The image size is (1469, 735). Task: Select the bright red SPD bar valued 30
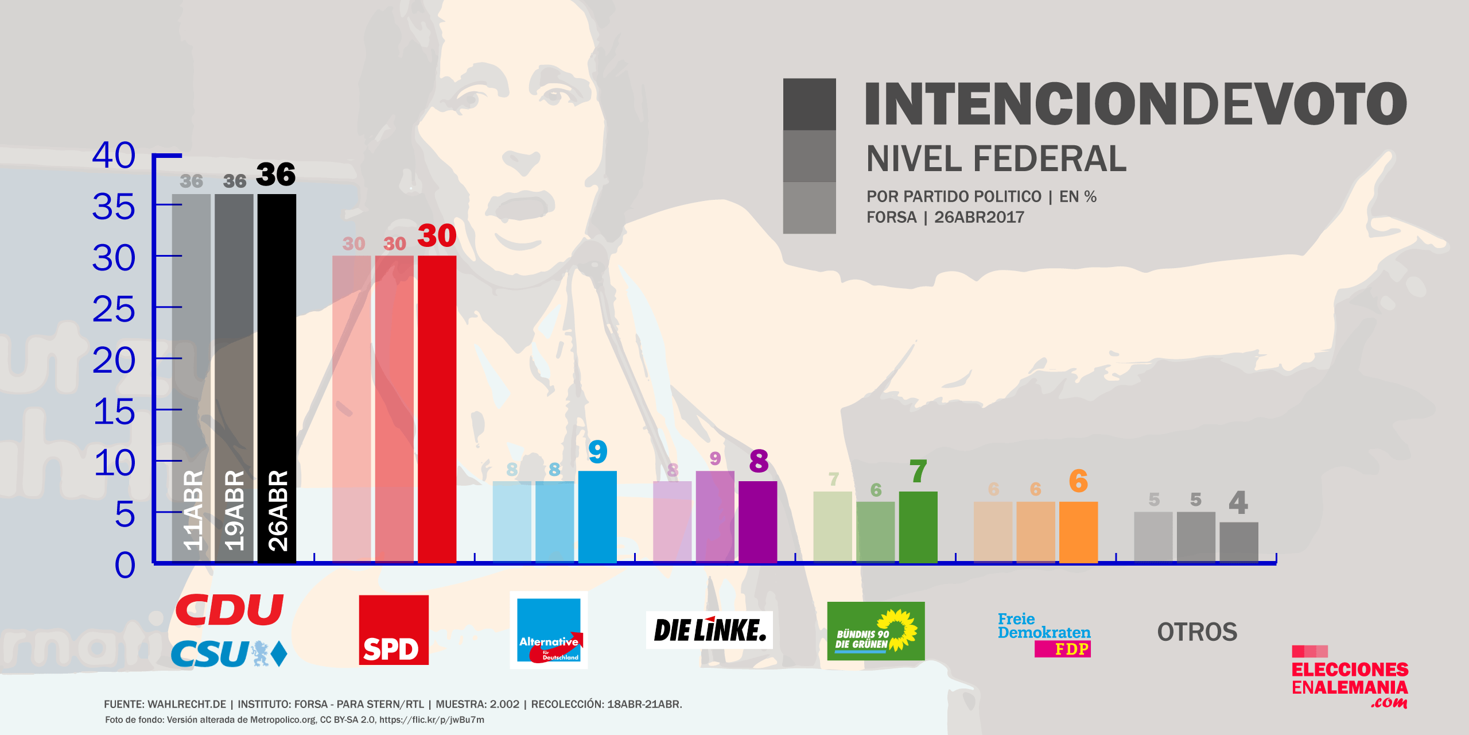(437, 409)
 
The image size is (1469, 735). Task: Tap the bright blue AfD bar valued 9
(597, 516)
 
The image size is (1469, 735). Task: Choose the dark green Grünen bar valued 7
(918, 527)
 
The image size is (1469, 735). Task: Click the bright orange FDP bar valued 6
(1078, 532)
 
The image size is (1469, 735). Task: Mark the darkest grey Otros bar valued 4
(1239, 542)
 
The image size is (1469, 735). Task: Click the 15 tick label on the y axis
(114, 412)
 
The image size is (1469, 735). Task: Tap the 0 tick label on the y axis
(125, 565)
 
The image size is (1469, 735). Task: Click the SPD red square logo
(394, 630)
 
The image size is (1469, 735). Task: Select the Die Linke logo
(709, 630)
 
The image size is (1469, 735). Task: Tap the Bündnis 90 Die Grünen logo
(876, 631)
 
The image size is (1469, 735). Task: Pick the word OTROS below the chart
(1197, 632)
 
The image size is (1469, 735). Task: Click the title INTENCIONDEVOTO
(1135, 104)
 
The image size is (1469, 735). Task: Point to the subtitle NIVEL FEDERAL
(996, 159)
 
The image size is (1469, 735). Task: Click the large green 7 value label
(918, 472)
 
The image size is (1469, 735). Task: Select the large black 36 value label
(275, 174)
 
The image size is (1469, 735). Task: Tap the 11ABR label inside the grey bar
(193, 510)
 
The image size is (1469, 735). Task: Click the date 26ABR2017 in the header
(979, 218)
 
